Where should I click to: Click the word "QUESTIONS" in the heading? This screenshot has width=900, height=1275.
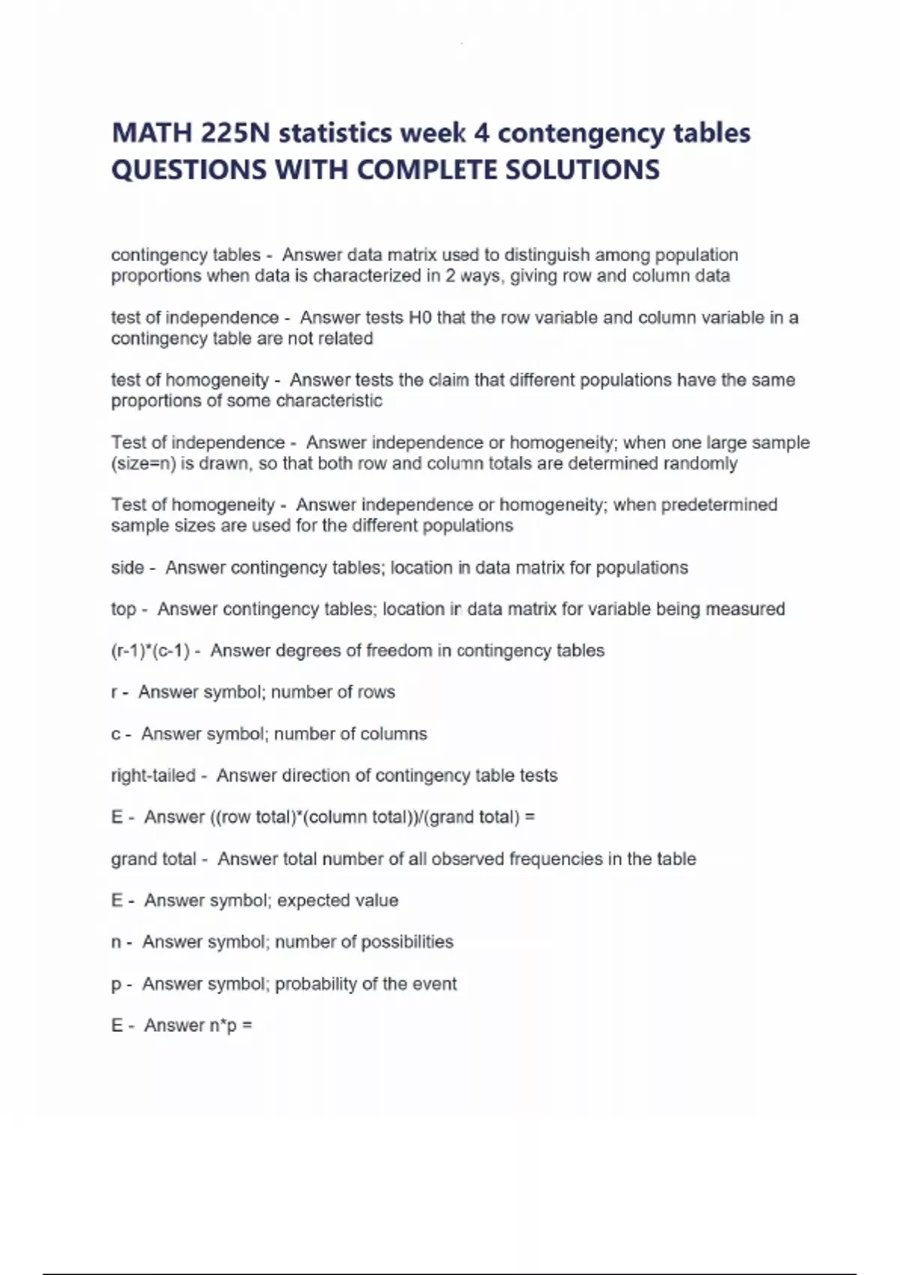188,170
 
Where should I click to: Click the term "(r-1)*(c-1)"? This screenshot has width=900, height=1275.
150,651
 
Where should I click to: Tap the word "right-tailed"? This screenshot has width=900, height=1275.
153,775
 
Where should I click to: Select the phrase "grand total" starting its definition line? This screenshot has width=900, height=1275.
153,859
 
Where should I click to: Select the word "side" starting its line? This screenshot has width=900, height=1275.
127,568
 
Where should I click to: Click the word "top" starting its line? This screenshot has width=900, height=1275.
123,609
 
